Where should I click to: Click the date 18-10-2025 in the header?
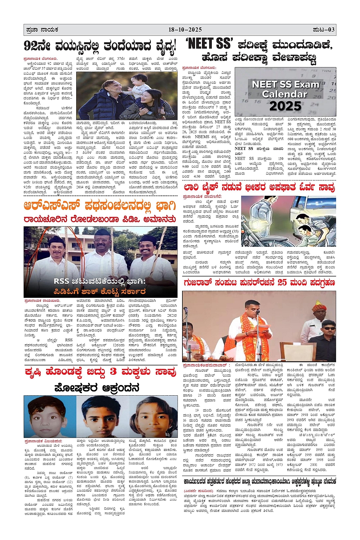pos(185,29)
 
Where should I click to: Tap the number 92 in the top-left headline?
pos(31,46)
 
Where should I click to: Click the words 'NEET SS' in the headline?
pos(208,44)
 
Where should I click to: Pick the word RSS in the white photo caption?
pos(61,281)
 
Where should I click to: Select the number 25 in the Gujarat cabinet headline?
pos(282,283)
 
